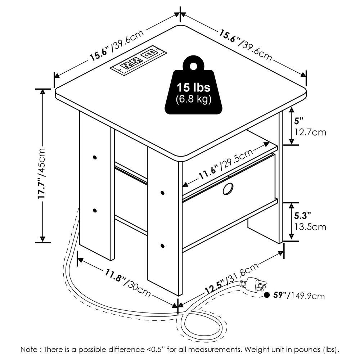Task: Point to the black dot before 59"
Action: tap(267, 296)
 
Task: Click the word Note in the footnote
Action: tap(28, 350)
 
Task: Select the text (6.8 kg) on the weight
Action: tap(194, 100)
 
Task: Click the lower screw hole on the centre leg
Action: tap(162, 246)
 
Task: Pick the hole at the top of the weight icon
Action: tap(193, 66)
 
